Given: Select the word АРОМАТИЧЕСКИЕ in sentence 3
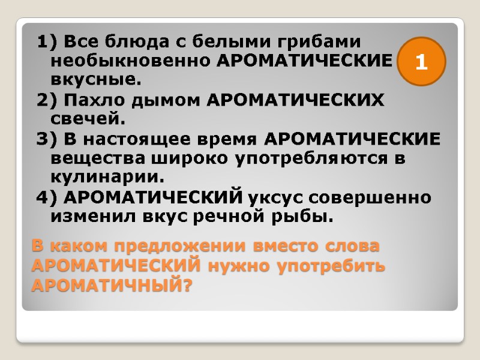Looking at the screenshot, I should [x=352, y=139].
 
